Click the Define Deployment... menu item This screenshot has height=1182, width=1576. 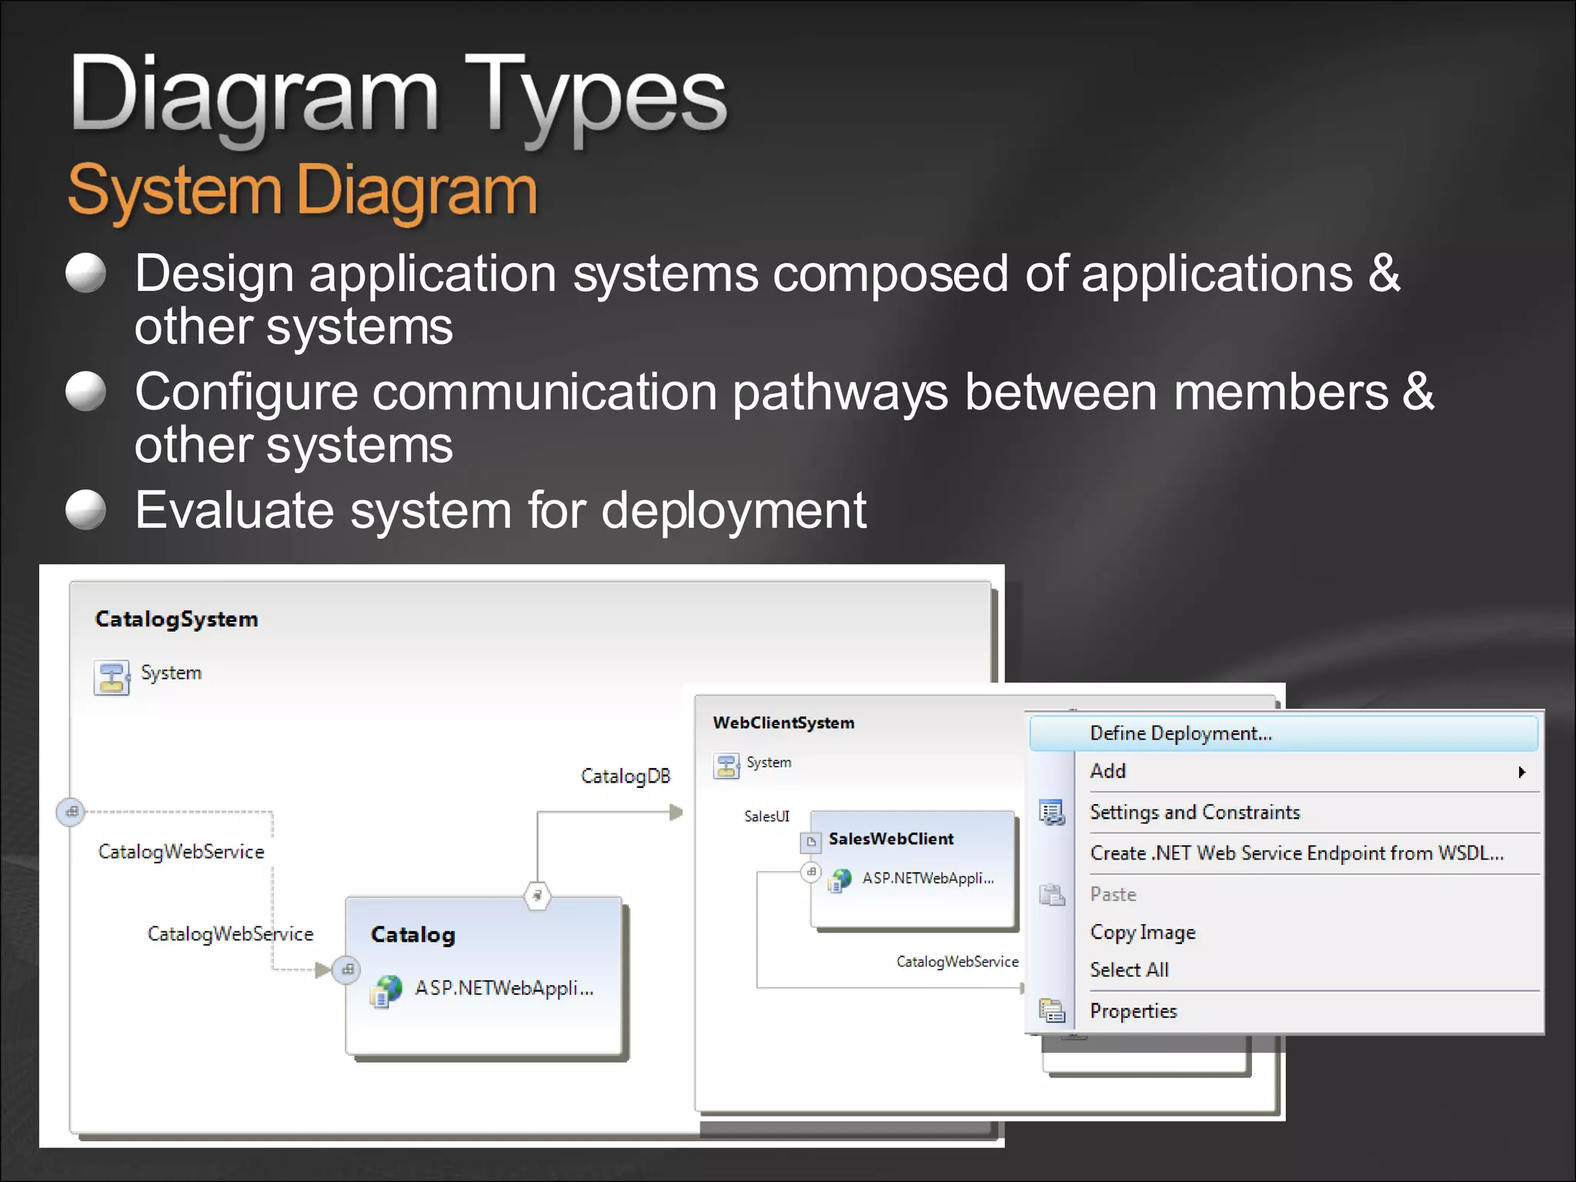1180,733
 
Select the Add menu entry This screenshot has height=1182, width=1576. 1108,771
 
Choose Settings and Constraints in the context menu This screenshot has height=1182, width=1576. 1194,813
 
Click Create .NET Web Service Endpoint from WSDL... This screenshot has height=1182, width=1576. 1297,853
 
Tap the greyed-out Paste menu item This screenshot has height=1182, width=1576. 1113,894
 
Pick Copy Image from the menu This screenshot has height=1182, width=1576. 1143,933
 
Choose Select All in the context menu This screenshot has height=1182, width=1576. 1129,970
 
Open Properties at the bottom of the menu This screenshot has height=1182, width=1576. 1134,1011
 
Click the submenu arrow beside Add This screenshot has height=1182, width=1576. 1521,772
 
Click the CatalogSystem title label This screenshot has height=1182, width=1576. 176,619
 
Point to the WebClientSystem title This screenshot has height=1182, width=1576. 783,723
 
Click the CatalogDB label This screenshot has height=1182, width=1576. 625,776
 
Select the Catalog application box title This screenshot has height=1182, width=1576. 412,935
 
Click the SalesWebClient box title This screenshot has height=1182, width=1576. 890,839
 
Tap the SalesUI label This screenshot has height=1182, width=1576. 766,816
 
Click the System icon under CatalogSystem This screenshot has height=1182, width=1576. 112,677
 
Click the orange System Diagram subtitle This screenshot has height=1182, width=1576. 302,190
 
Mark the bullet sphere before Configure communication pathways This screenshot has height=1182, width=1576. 85,392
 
